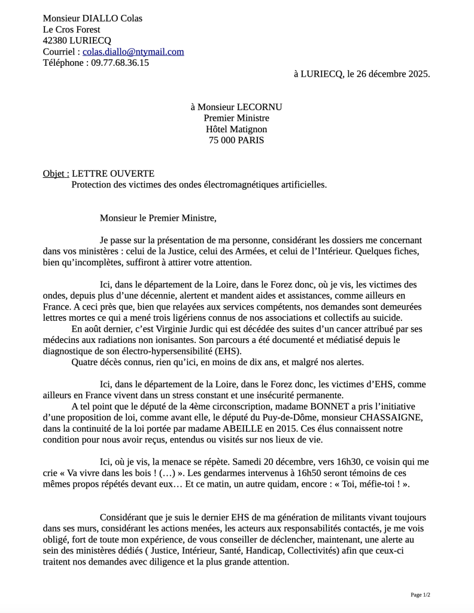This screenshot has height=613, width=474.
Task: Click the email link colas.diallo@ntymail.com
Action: point(133,51)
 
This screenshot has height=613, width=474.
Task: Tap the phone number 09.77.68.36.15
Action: point(120,62)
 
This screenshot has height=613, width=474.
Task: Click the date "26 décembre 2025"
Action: point(393,74)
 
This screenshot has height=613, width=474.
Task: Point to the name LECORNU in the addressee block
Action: point(259,107)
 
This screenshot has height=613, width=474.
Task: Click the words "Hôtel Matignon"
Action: point(236,129)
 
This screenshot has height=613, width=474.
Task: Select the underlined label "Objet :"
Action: point(56,174)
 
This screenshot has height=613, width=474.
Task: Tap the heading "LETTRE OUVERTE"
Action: point(113,174)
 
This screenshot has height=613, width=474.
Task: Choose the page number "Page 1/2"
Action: point(420,594)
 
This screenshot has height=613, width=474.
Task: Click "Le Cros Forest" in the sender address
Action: point(71,29)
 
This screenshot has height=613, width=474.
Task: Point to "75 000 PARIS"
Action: point(236,141)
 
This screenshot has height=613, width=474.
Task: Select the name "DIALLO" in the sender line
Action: point(101,18)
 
